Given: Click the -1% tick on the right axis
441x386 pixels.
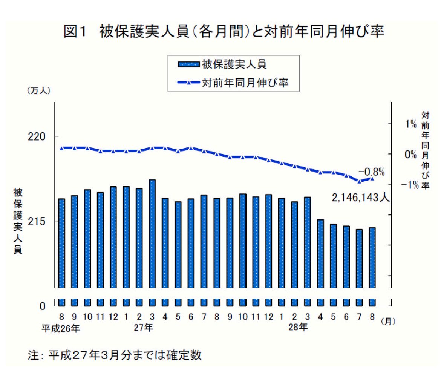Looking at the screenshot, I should pyautogui.click(x=410, y=185).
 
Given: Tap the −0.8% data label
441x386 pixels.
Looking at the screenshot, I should pyautogui.click(x=371, y=172).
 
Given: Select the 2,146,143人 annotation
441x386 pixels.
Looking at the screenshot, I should pyautogui.click(x=360, y=197).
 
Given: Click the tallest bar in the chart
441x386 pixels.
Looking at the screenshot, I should pyautogui.click(x=152, y=234).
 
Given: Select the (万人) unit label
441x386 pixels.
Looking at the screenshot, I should pyautogui.click(x=38, y=91).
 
